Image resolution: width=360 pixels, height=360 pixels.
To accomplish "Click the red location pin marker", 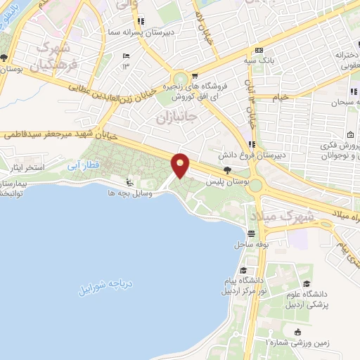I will [x=181, y=165].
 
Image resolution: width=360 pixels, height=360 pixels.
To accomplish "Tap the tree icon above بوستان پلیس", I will [x=226, y=171].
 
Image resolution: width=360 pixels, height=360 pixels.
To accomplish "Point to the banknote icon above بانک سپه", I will [x=259, y=50].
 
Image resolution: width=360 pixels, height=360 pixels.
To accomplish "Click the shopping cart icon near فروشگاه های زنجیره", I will [x=195, y=77].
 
